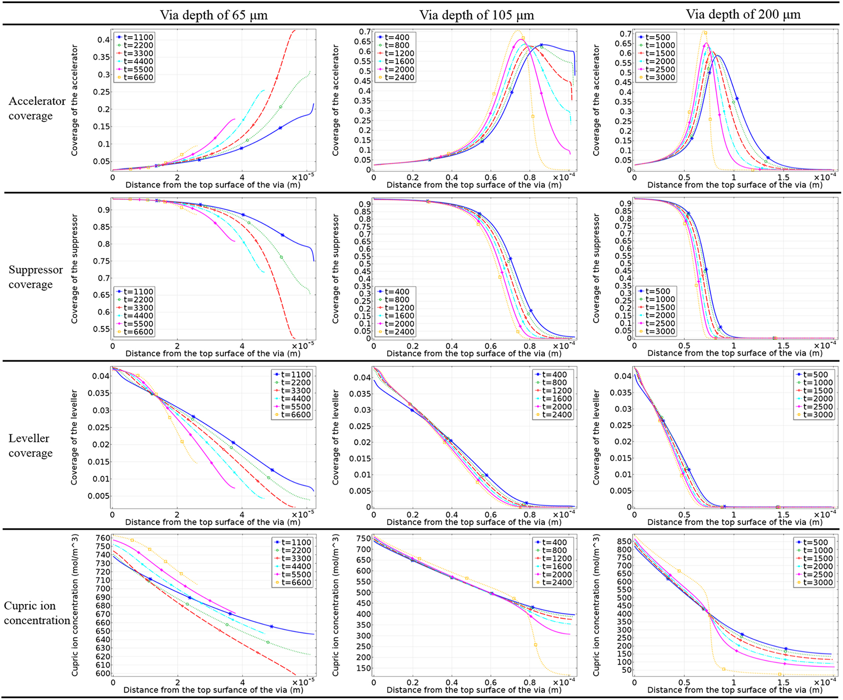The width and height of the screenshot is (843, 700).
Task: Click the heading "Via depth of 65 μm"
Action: [213, 15]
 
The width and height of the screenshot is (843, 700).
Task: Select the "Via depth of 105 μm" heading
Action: [476, 15]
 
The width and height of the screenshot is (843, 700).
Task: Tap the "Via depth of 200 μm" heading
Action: [743, 15]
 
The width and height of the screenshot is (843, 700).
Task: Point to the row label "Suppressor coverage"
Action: [36, 277]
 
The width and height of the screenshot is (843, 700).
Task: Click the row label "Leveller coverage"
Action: [30, 445]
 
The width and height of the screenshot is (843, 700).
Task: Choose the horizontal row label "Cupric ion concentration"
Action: [37, 613]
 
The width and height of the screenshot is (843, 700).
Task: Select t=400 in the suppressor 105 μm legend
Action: [397, 292]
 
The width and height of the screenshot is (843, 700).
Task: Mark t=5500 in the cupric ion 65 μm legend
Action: [296, 575]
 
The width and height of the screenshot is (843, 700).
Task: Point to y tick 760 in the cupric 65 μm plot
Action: [103, 538]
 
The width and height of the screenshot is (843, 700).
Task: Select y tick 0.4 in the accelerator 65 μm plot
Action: [104, 40]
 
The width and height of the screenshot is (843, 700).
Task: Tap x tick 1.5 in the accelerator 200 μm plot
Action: [783, 177]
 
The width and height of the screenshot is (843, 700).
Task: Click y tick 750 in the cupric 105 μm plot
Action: [364, 539]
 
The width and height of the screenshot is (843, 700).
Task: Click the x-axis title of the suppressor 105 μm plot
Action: [474, 353]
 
